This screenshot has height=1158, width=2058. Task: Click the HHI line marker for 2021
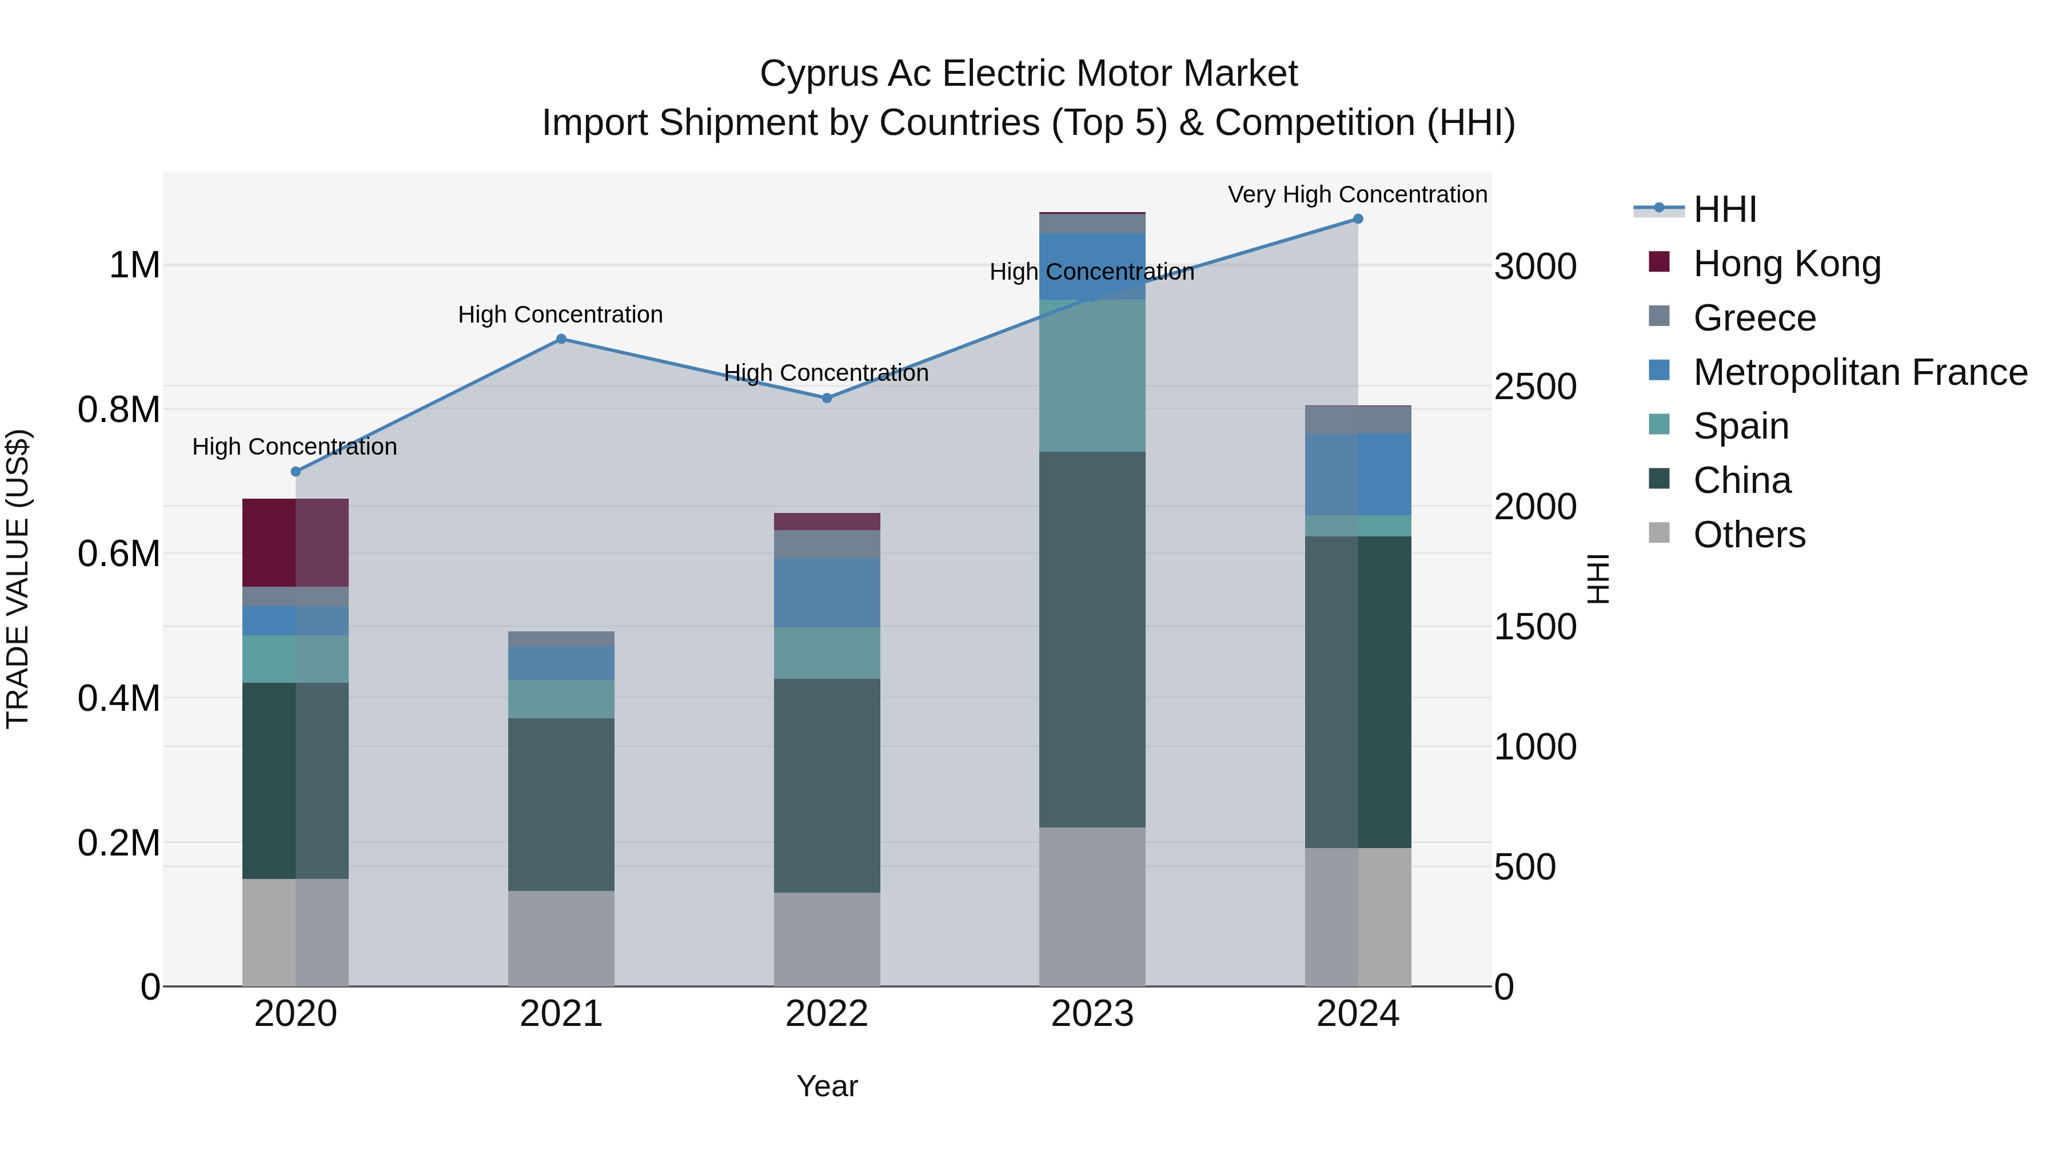[x=561, y=339]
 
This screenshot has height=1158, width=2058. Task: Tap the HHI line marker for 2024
[x=1357, y=219]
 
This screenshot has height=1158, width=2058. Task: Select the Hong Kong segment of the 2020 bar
[x=296, y=543]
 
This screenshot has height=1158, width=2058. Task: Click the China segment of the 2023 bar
[x=1092, y=639]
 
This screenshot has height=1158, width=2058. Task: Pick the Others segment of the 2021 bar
[x=561, y=938]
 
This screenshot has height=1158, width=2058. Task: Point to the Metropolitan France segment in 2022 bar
[x=827, y=592]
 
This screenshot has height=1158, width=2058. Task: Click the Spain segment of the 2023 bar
[x=1092, y=376]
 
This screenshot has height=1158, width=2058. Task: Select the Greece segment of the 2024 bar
[x=1357, y=420]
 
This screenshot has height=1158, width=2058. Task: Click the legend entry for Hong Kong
[x=1786, y=264]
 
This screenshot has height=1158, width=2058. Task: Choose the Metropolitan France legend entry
[x=1860, y=372]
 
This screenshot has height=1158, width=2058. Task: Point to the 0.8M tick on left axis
[x=119, y=410]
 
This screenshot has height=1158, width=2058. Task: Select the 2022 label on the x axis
[x=827, y=1014]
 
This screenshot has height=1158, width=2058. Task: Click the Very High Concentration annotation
[x=1357, y=194]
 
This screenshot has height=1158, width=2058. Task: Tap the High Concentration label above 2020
[x=295, y=447]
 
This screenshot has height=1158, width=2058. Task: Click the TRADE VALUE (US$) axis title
[x=18, y=579]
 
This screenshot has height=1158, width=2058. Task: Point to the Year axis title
[x=827, y=1086]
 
